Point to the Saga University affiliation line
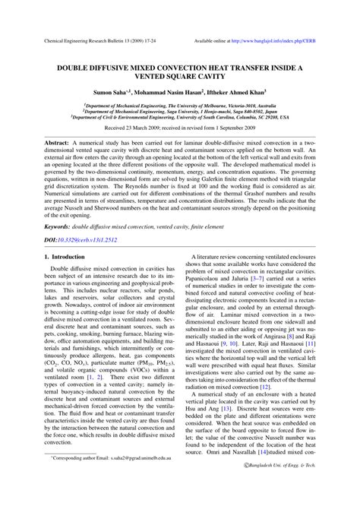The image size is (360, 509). [180, 112]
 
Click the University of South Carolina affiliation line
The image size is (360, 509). [180, 119]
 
